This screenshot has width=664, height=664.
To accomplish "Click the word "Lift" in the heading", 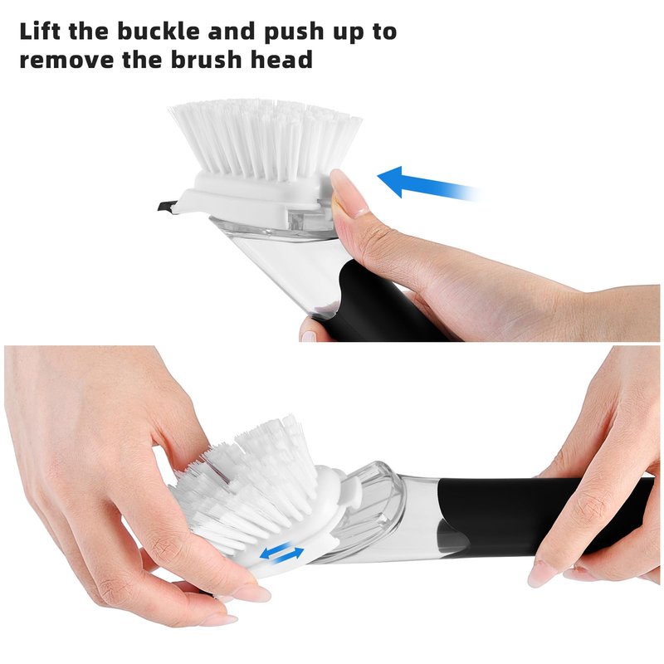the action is [40, 31].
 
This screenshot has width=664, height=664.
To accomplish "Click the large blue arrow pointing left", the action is [428, 185].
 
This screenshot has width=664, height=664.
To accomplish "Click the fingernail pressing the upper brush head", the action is [347, 193].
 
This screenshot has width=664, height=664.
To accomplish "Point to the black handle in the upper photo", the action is [381, 305].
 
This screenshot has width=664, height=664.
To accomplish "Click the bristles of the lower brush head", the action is [250, 487].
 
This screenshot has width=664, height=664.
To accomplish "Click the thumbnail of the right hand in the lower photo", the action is [540, 574].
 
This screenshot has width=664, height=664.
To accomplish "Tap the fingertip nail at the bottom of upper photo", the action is [309, 337].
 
